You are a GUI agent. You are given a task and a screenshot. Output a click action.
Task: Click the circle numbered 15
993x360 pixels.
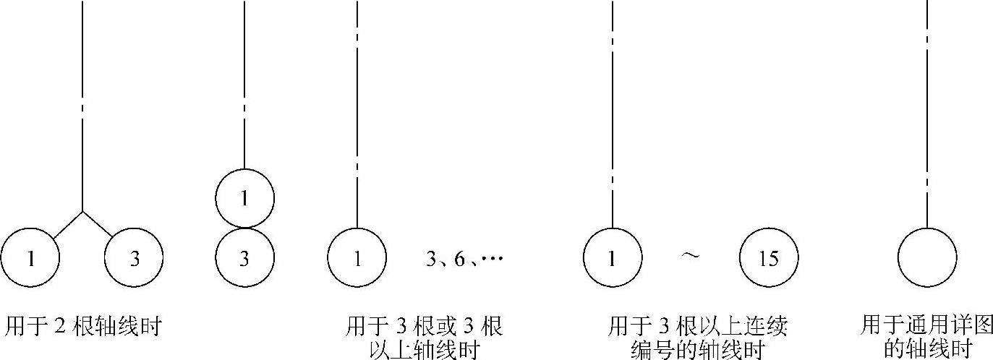pos(769,257)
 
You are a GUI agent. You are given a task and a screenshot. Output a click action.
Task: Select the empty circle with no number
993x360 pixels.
pos(927,257)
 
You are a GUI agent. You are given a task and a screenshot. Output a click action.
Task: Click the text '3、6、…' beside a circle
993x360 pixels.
pos(464,258)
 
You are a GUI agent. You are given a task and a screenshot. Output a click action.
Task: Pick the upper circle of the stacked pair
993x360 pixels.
pos(245,197)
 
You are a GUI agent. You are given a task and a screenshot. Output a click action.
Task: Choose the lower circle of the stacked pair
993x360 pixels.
pos(245,257)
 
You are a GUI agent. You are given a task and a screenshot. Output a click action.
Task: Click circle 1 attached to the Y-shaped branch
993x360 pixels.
pos(30,258)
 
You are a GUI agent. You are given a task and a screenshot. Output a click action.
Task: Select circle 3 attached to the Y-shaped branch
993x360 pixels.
pos(134,258)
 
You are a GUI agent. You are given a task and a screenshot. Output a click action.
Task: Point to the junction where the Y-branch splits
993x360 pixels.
pos(82,212)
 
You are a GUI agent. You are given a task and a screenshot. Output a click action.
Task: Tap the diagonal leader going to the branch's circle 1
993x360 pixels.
pos(67,225)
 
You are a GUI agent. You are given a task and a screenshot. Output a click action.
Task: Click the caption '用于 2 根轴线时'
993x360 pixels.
pos(82,327)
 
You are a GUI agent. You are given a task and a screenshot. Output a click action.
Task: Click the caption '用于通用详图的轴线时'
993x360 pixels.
pos(927,337)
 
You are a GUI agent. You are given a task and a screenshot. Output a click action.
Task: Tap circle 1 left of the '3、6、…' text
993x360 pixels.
pos(357,257)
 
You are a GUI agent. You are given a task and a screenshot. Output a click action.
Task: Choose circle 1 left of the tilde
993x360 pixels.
pos(613,257)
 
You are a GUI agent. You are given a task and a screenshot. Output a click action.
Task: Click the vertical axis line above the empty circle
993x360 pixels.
pos(927,108)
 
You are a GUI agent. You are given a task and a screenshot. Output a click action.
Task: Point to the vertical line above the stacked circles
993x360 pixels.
pos(245,80)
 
